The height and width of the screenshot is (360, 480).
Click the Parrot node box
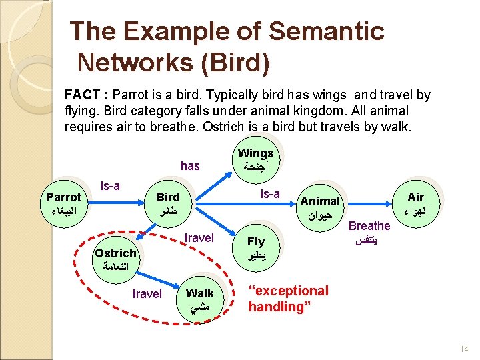[63, 204]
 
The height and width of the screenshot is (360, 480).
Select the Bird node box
[168, 204]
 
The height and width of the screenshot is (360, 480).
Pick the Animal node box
[320, 208]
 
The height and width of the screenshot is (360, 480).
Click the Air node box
[415, 204]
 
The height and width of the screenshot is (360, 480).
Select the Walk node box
[200, 300]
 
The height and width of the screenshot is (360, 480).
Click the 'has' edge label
[190, 166]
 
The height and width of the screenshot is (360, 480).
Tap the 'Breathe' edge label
[369, 226]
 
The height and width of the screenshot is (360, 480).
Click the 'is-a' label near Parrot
[109, 185]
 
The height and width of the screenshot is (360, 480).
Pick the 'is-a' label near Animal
[270, 194]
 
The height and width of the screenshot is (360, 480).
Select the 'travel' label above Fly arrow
[199, 238]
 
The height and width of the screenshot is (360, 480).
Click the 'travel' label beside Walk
[147, 293]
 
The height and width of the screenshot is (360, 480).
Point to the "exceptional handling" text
[288, 299]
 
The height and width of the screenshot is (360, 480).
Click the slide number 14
[464, 349]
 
